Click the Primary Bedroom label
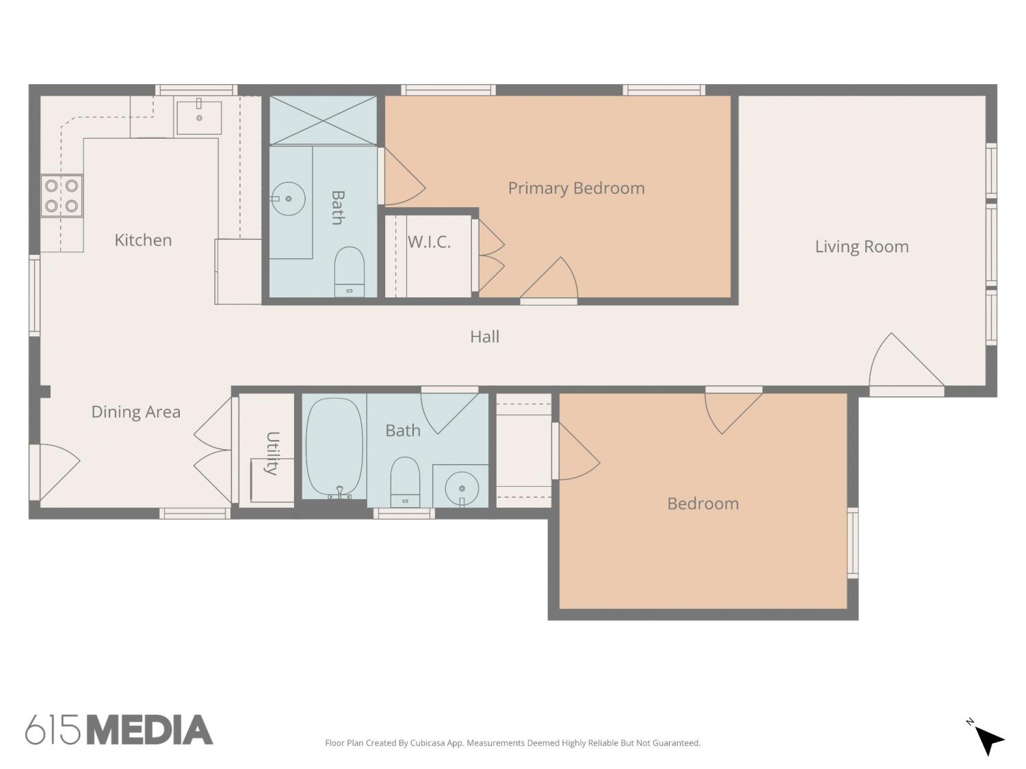point(576,188)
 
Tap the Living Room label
point(861,247)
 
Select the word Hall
point(485,336)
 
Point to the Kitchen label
point(143,240)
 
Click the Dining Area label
point(135,412)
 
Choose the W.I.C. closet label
point(429,242)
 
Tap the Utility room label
point(272,453)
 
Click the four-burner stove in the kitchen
point(62,195)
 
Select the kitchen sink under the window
point(199,118)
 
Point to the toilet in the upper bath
point(349,272)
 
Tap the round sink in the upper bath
point(288,199)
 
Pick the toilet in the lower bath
point(405,482)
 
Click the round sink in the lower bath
point(462,488)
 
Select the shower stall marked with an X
point(323,120)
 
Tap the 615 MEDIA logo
point(119,730)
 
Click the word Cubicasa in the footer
point(428,743)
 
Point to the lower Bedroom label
point(703,504)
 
